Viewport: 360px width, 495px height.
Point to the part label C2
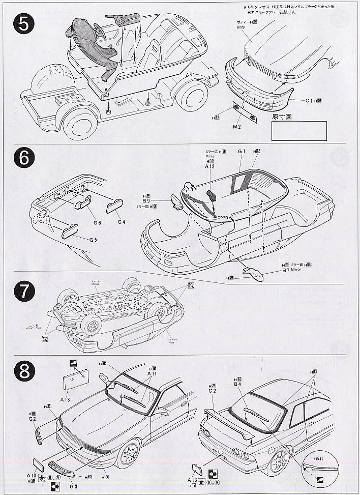213,391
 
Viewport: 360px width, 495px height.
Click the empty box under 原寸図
298,130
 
